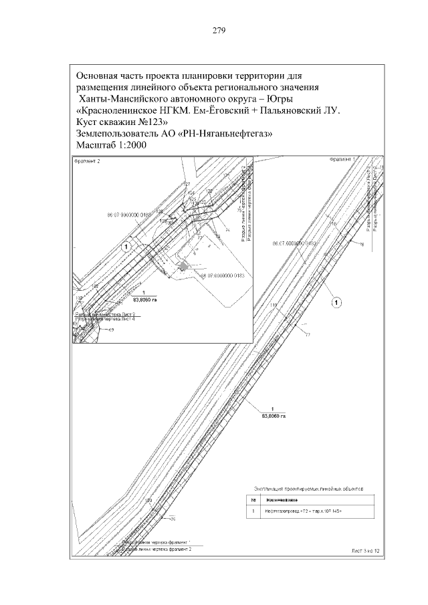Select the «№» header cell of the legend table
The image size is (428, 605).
point(253,499)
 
